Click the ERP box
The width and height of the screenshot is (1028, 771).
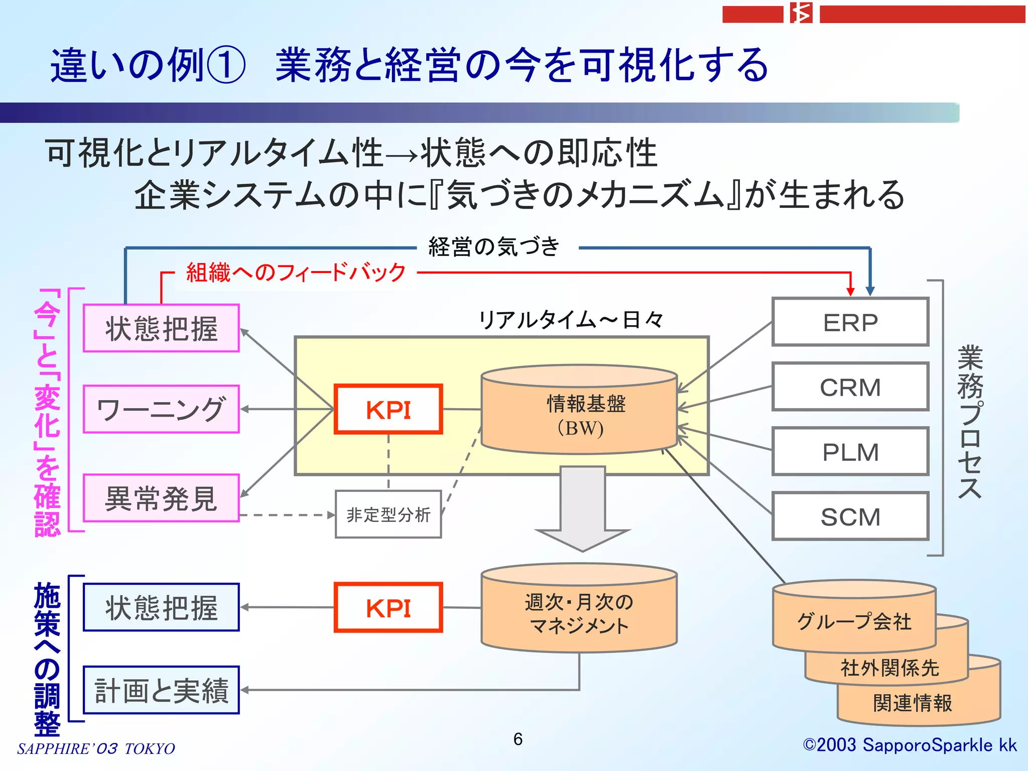[850, 322]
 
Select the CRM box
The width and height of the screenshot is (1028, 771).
[850, 387]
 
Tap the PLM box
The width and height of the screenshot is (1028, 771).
[850, 452]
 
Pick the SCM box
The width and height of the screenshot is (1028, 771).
[850, 517]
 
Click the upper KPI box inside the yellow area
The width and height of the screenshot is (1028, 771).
[388, 409]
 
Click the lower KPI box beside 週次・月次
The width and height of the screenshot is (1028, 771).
[388, 607]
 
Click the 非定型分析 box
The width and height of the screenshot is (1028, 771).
[388, 515]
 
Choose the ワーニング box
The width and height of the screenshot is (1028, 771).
[161, 409]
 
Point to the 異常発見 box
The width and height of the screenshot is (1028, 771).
[161, 498]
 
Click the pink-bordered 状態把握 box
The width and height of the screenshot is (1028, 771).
[161, 328]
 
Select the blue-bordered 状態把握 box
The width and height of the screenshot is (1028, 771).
[161, 607]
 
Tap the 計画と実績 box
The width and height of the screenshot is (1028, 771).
[161, 690]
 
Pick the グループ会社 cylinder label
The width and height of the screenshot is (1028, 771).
[854, 621]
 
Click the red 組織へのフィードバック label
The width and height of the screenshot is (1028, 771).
[296, 273]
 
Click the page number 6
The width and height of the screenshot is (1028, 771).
[518, 739]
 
